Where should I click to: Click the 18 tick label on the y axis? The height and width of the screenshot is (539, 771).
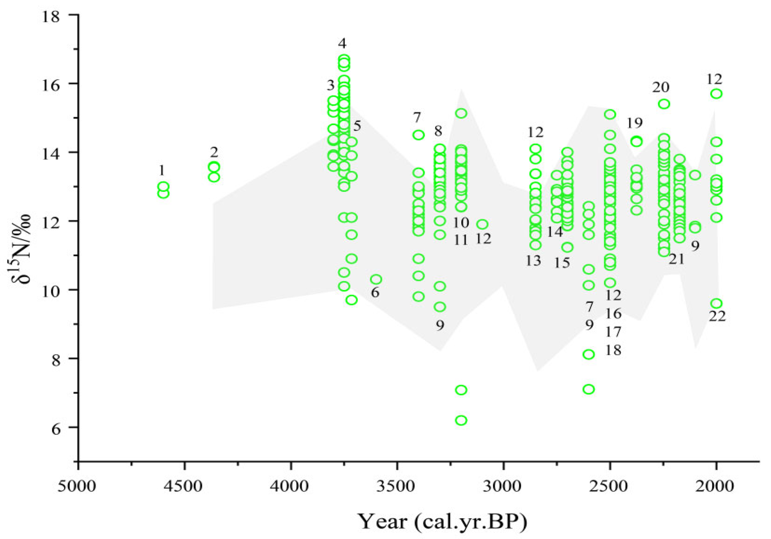51,16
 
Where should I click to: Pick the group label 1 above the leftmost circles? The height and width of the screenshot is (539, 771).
162,171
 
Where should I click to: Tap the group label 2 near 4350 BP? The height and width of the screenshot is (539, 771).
214,153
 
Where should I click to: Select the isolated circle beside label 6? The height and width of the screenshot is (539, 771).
376,279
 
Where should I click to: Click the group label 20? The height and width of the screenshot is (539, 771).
660,88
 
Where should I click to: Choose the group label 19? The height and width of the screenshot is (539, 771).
634,124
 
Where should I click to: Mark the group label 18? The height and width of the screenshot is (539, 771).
613,350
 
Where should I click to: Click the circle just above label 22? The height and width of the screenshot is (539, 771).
717,303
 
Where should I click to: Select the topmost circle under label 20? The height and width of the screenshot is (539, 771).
664,104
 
